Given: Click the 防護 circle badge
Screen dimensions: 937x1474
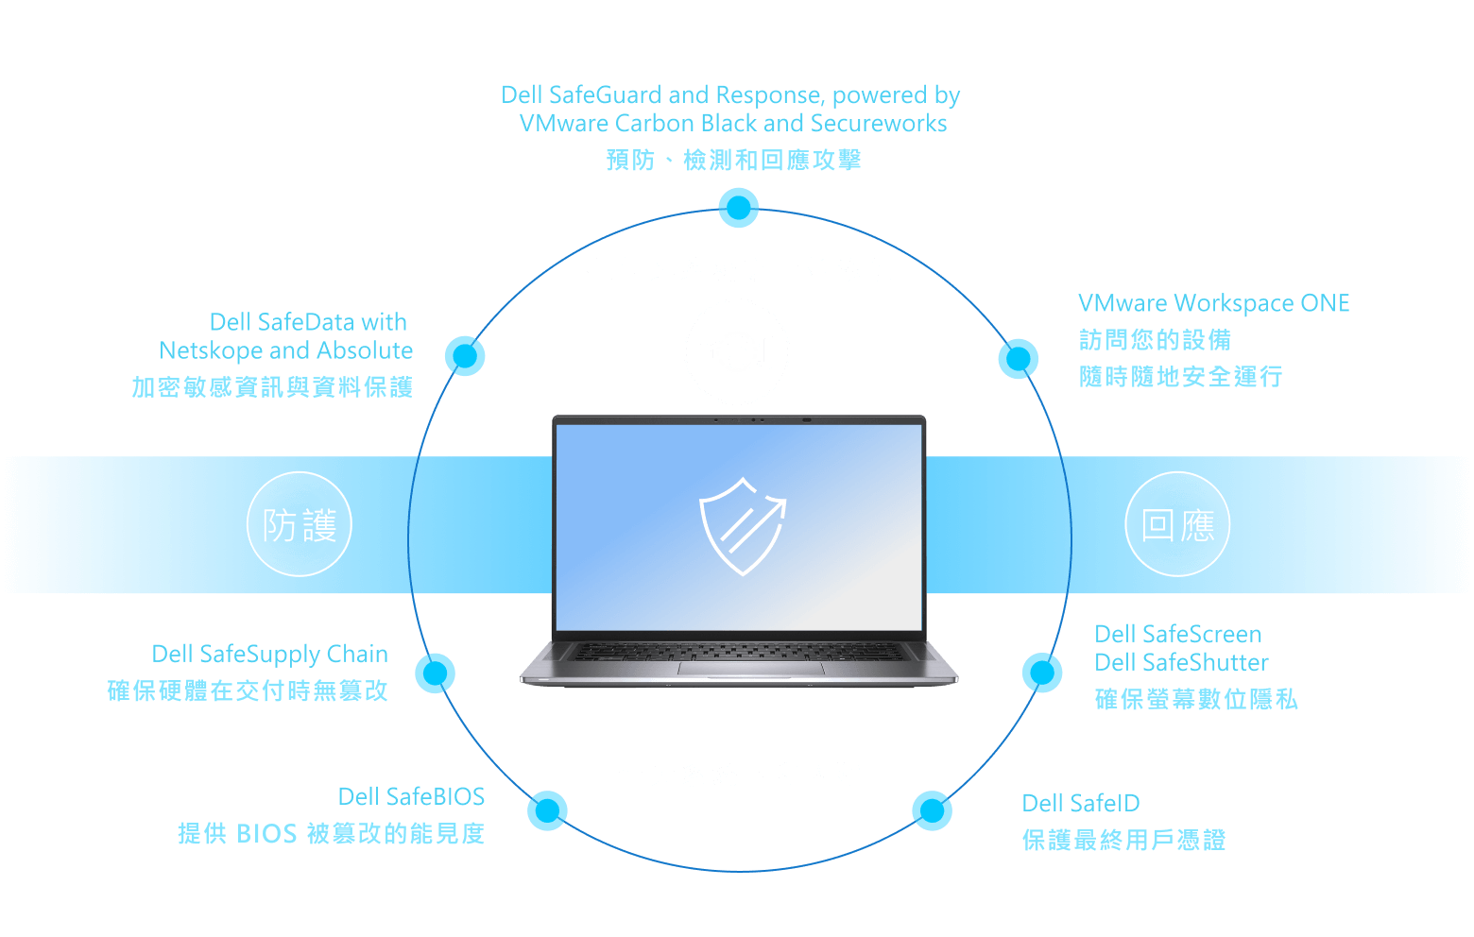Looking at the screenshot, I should point(300,524).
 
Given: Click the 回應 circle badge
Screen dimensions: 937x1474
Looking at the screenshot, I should point(1177,524).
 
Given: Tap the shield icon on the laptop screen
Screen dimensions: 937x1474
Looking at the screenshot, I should point(742,526).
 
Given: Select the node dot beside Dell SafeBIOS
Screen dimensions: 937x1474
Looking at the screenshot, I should point(547,810).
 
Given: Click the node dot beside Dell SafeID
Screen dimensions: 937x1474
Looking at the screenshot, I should point(932,810).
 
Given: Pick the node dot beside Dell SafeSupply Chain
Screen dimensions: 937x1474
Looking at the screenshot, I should point(436,673).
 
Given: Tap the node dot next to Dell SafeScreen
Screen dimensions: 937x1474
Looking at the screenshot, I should point(1042,673).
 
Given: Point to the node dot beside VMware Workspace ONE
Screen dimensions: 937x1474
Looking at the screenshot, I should point(1018,359).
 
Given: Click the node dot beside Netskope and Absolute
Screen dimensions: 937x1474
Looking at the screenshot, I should point(465,356).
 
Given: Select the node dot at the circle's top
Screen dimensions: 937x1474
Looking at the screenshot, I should point(738,208).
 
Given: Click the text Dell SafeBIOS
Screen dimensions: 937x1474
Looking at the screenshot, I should point(411,797).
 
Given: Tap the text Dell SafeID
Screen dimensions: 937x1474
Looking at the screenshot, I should point(1081,804).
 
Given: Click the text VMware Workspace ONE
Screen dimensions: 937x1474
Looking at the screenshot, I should point(1213,303).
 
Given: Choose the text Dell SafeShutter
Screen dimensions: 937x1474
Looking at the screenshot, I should point(1181,663).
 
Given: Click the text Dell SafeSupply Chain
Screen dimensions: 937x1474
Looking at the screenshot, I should point(269,655).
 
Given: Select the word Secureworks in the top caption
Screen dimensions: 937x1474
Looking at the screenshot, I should point(879,124).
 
